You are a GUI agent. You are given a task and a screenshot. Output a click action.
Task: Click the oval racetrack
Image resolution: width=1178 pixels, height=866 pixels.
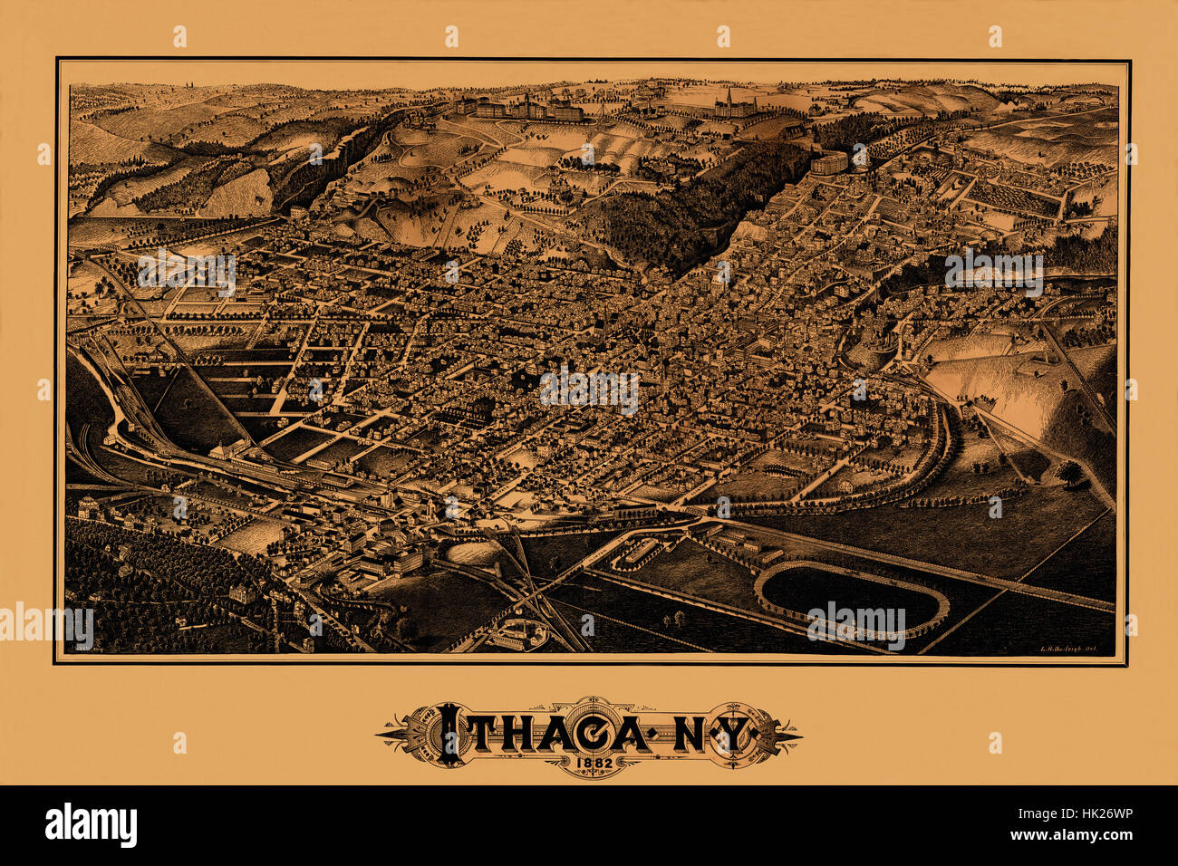[852, 598]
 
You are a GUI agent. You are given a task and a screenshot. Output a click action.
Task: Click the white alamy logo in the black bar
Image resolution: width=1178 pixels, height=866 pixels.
[91, 825]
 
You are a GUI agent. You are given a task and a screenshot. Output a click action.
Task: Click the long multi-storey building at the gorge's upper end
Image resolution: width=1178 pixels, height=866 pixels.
[828, 163]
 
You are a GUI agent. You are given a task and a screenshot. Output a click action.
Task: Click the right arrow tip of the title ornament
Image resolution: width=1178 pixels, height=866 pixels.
[797, 732]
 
